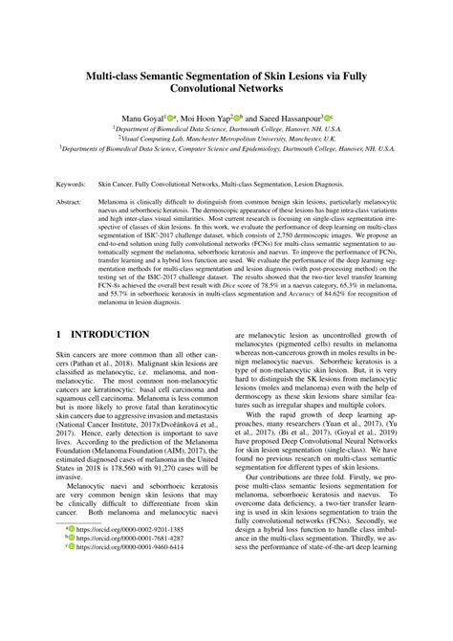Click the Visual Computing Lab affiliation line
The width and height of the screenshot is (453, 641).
226,137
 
